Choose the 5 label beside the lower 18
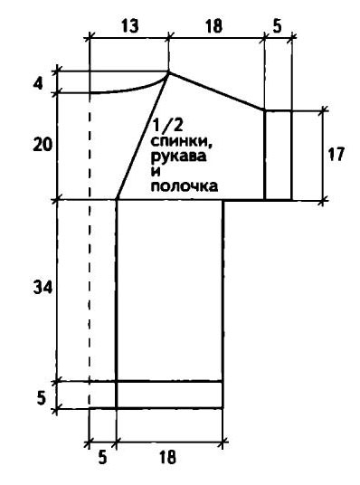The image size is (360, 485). click(101, 457)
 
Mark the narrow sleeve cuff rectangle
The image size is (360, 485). click(279, 154)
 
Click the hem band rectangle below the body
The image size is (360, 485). click(170, 395)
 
